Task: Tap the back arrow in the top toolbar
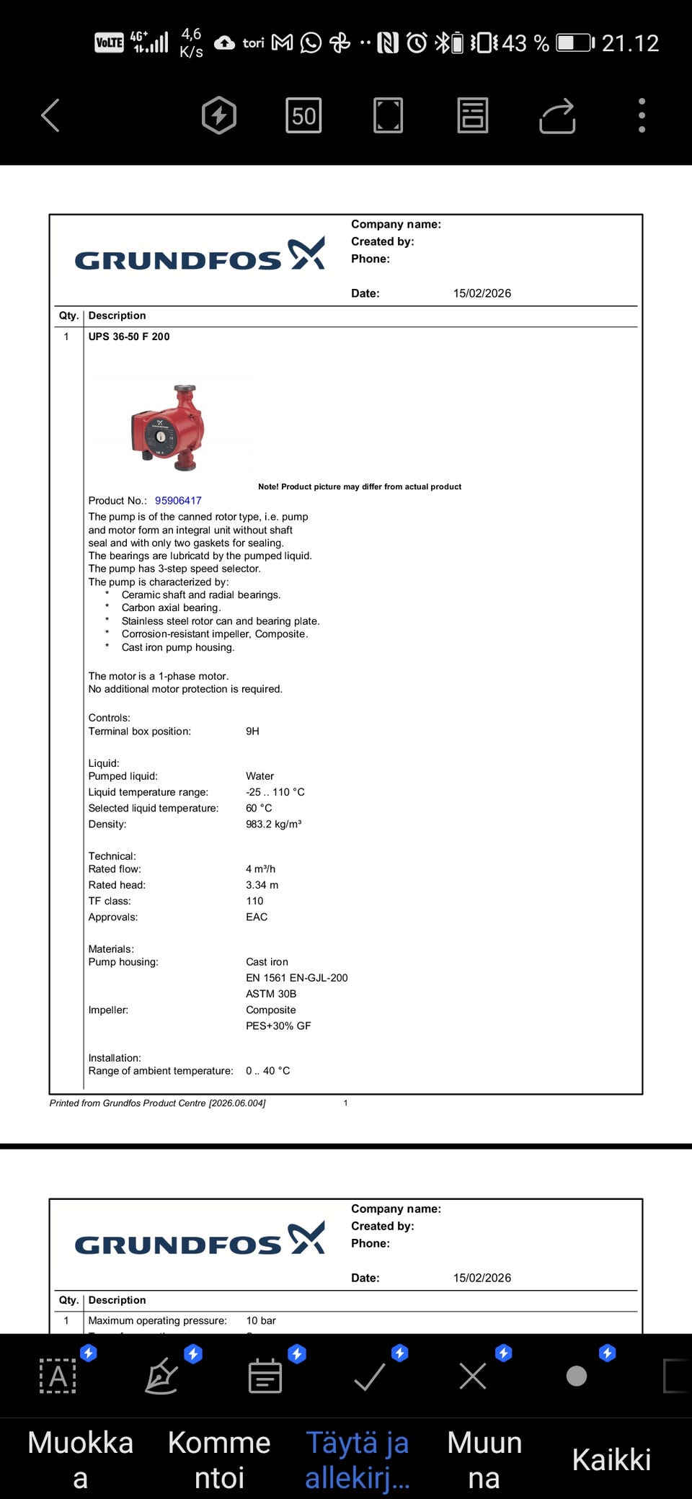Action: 50,115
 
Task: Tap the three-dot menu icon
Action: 642,115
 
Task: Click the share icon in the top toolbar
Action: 557,116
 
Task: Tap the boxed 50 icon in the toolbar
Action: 303,116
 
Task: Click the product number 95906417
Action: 178,501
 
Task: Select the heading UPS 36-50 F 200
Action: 129,337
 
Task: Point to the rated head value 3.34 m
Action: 262,885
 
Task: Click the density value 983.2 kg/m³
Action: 273,824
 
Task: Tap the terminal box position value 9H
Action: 252,731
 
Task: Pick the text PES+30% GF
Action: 278,1026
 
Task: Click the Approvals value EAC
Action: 257,917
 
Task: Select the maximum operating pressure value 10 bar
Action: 261,1321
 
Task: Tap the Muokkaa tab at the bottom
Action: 80,1459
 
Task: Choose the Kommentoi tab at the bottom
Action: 219,1459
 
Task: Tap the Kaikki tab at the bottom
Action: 611,1460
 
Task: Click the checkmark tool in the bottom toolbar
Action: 370,1376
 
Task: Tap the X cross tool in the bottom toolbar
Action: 473,1376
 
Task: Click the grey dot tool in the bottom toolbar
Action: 577,1376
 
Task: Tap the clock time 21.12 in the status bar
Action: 630,43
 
